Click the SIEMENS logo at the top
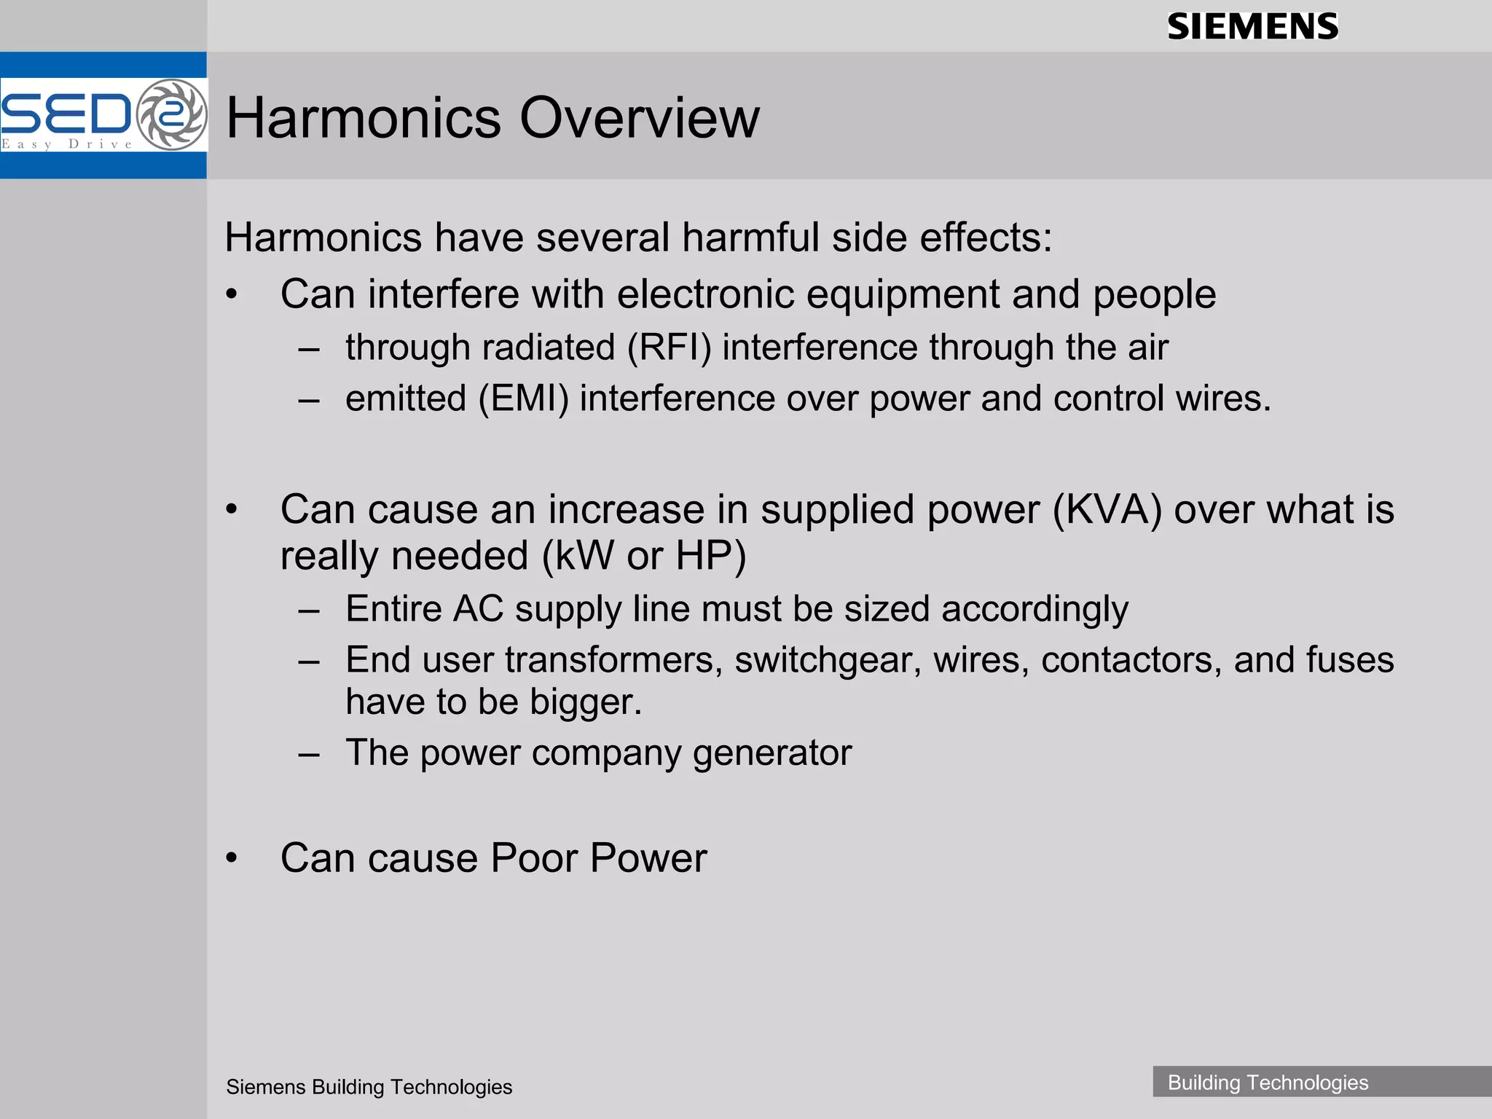[x=1252, y=27]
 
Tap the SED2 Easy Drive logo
[x=103, y=115]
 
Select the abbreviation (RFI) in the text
[x=669, y=347]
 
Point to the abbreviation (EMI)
[x=522, y=398]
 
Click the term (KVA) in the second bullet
[x=1107, y=509]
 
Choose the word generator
[x=772, y=753]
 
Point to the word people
[x=1154, y=295]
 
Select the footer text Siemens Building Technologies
[x=369, y=1087]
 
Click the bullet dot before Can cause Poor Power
[x=232, y=858]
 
